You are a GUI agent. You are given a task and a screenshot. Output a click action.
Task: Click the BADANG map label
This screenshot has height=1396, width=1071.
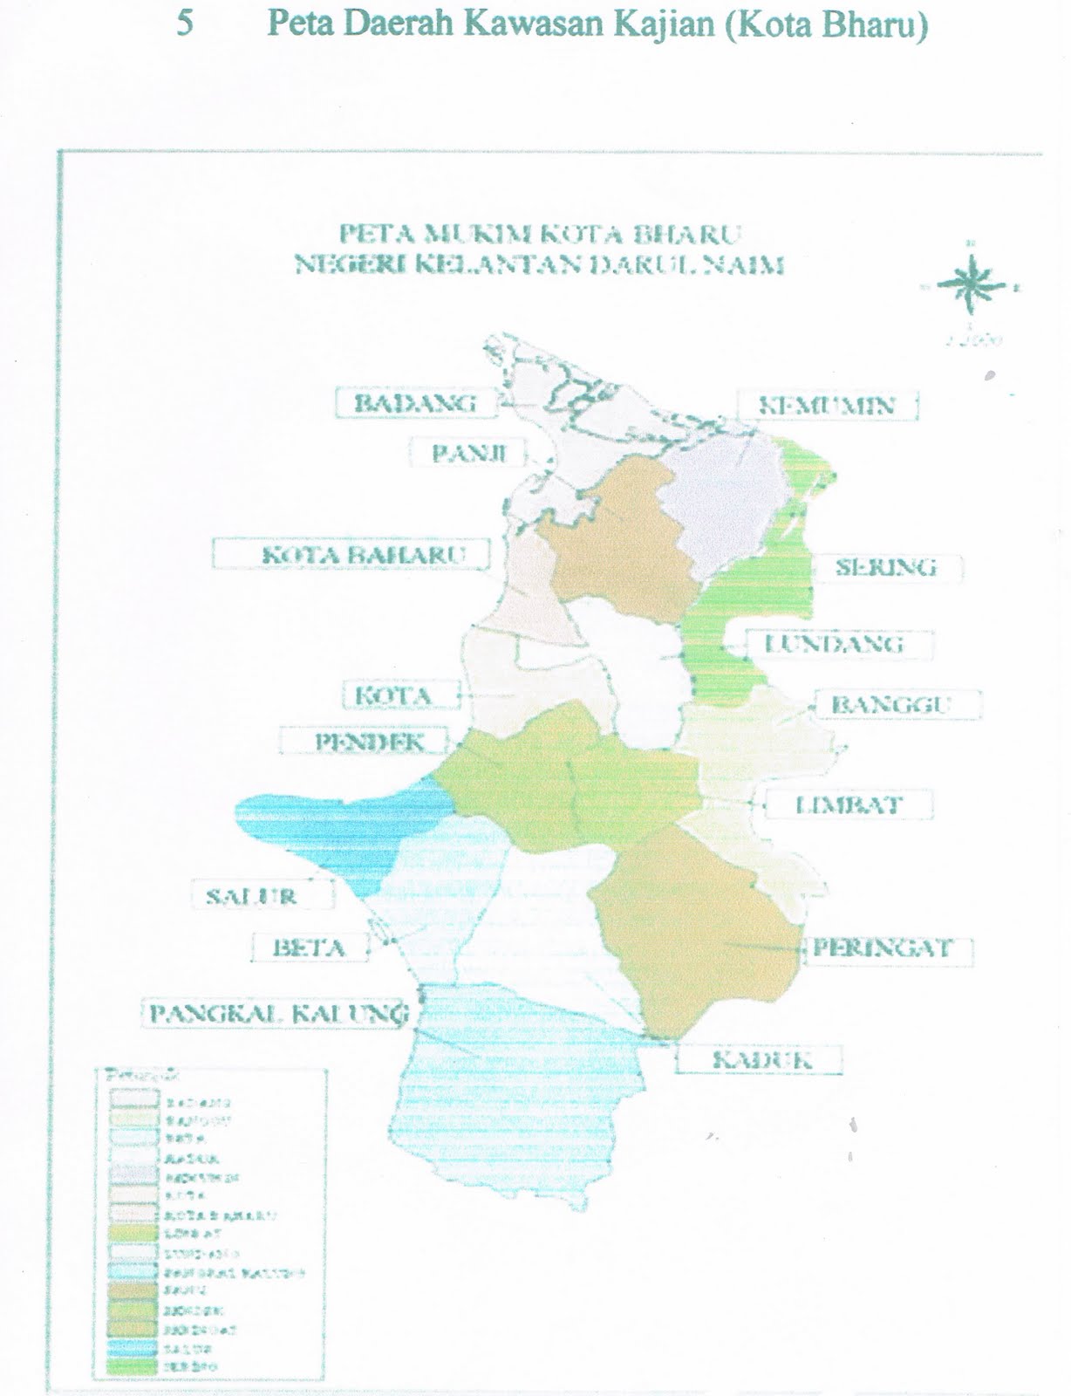coord(415,403)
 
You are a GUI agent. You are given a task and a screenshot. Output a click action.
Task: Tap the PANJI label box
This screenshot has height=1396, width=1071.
coord(469,453)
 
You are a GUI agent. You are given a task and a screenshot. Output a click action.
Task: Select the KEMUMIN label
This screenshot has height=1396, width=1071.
coord(828,406)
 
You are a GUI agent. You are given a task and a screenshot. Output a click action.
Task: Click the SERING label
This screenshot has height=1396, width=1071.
coord(886,567)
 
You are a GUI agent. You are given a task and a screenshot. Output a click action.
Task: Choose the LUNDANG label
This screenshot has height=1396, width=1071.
coord(834,644)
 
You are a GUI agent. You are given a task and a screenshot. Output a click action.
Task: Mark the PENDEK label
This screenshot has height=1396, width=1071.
coord(369,742)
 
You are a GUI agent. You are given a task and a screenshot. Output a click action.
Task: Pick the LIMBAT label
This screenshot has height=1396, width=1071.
coord(848,804)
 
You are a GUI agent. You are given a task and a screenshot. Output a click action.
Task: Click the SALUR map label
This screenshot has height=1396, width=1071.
coord(251,895)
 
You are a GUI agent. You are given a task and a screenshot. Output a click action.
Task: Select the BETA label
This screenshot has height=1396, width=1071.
coord(309,948)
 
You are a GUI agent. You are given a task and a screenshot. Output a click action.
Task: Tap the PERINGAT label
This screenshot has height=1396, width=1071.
coord(882,948)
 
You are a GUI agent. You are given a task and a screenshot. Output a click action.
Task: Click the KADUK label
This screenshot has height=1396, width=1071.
coord(761,1060)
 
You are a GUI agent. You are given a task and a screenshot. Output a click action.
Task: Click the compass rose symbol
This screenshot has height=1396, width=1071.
coord(970,285)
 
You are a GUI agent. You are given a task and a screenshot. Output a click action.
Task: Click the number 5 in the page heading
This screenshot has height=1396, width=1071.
coord(185,24)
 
